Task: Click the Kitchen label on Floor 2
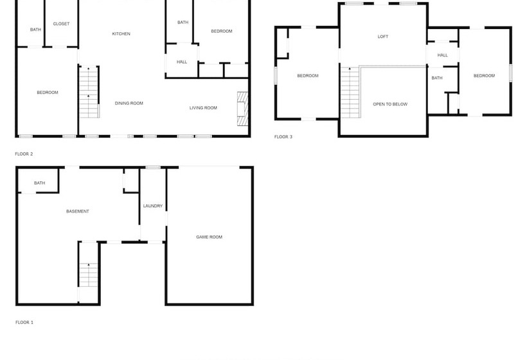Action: pos(121,33)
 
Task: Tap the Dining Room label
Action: pos(129,104)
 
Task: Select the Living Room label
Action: pos(203,108)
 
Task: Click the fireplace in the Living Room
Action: pos(243,109)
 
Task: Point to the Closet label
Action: pos(61,24)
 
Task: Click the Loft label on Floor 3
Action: pos(383,36)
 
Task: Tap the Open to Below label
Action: pos(390,104)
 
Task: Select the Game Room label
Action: pos(209,237)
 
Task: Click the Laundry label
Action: pos(152,206)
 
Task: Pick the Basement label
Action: pos(78,211)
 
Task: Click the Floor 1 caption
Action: pos(24,322)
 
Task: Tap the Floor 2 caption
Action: pos(24,154)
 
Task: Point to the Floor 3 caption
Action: pos(283,137)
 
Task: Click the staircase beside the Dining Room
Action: pos(89,92)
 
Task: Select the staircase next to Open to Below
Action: pos(350,93)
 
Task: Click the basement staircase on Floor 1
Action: pos(89,275)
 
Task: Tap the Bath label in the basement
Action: pos(39,183)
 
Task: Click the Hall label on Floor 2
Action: pos(182,62)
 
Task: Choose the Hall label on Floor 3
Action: pos(443,55)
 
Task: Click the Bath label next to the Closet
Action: pos(35,30)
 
